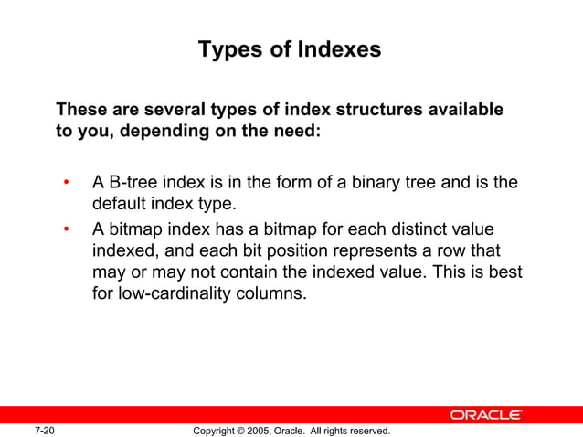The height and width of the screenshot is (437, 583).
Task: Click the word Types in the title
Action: (x=229, y=49)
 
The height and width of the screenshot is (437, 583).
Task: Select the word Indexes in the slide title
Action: (x=339, y=49)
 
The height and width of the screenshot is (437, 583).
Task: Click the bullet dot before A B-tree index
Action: (x=66, y=183)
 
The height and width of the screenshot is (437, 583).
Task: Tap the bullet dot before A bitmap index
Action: (x=66, y=229)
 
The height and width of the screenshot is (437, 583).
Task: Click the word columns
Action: (x=271, y=295)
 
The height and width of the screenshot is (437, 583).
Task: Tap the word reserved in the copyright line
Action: (x=366, y=430)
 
